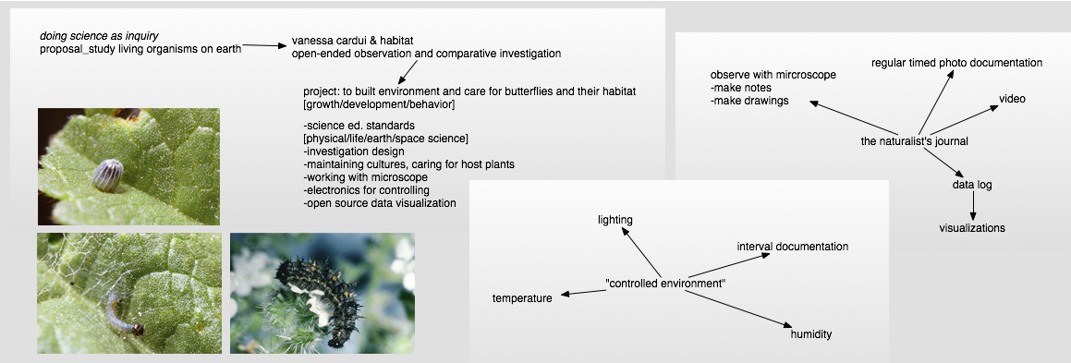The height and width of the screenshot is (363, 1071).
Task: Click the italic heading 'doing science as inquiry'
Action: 99,36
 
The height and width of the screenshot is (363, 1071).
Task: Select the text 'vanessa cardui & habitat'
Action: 352,41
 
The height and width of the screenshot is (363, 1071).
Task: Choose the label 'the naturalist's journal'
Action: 915,142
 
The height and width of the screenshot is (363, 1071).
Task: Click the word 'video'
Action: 1012,99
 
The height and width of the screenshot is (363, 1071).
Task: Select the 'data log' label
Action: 972,185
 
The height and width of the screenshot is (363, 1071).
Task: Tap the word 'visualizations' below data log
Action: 972,228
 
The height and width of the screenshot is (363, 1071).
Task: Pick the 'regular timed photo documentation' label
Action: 957,63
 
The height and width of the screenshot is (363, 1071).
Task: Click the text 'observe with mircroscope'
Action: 773,75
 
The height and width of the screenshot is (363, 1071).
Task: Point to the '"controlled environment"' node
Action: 665,284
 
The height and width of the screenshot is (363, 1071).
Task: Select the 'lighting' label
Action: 615,220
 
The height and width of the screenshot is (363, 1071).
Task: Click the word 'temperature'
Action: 522,298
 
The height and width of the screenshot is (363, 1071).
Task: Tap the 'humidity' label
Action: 811,334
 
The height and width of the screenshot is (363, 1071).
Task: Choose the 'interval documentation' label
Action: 793,247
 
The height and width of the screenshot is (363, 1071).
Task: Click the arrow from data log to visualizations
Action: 973,206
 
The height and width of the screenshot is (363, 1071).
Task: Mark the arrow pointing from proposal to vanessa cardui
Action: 265,45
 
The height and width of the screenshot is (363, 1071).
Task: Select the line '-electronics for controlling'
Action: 366,190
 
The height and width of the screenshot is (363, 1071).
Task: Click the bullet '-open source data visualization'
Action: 380,203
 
